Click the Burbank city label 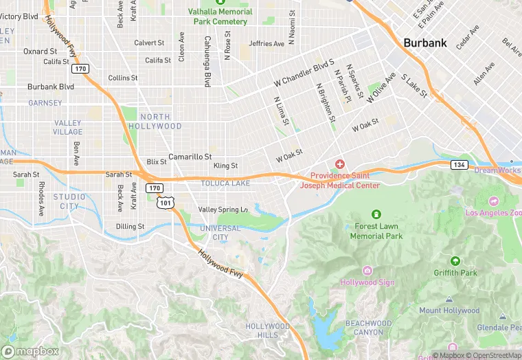tap(425, 43)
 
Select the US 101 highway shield tap(166, 203)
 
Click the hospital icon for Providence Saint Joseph tap(339, 164)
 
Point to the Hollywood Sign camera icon tap(367, 271)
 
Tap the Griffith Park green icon tap(455, 261)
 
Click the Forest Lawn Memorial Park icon tap(376, 214)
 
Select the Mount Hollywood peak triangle tap(449, 300)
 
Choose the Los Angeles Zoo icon tap(494, 201)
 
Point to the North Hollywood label tap(160, 122)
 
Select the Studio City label tap(69, 201)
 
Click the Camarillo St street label tap(190, 157)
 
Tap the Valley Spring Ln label tap(223, 209)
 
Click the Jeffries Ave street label tap(266, 44)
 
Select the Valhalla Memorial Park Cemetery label tap(220, 16)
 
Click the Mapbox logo tap(31, 351)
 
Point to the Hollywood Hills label tap(268, 330)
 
